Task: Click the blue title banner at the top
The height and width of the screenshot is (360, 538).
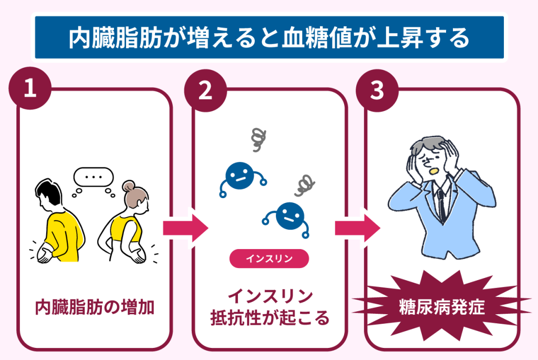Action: pyautogui.click(x=268, y=37)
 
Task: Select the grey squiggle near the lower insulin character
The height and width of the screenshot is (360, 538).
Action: pyautogui.click(x=305, y=184)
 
